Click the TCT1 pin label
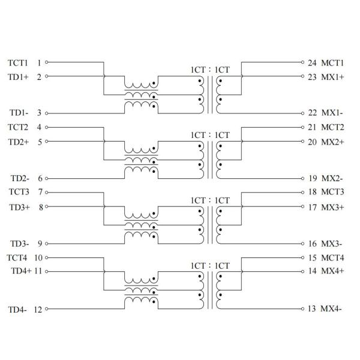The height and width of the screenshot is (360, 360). point(17,62)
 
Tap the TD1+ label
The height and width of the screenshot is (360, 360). point(18,77)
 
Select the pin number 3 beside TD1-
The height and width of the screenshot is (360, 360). point(39,113)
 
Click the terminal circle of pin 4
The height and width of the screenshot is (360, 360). point(47,127)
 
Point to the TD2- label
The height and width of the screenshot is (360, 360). point(20,178)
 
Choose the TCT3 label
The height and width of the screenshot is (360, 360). point(17,193)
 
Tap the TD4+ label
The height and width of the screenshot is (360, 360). point(21,271)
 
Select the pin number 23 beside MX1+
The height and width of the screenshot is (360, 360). point(312,77)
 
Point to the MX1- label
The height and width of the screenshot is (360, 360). point(332,113)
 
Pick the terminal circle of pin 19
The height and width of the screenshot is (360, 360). point(303,178)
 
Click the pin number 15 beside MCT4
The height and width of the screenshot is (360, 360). point(312,258)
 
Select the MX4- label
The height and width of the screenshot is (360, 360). point(332,309)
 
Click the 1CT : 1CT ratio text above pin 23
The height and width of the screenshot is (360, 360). point(210,70)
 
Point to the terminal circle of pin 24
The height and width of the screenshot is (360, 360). point(303,62)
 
